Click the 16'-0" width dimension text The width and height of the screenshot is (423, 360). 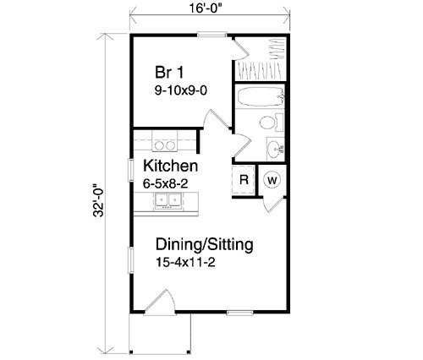(205, 8)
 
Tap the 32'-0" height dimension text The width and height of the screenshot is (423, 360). (98, 200)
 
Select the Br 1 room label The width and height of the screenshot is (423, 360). (169, 72)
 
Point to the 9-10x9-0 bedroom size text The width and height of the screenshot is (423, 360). (181, 90)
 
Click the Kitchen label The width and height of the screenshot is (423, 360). (171, 166)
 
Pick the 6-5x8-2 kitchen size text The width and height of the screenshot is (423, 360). (165, 184)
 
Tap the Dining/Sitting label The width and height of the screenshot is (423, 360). (205, 244)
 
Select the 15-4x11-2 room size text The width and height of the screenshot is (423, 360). (185, 263)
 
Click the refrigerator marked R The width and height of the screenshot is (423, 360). (244, 179)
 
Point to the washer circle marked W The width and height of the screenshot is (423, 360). (272, 180)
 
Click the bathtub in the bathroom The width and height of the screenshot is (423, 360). (260, 96)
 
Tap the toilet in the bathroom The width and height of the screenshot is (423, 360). (272, 123)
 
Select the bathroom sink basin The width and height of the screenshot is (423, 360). (274, 149)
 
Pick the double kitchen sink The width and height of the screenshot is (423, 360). (168, 201)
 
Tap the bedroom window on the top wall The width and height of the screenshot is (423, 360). (212, 35)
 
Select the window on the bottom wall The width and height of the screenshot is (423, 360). (240, 313)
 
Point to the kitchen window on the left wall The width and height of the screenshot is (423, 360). (131, 170)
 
